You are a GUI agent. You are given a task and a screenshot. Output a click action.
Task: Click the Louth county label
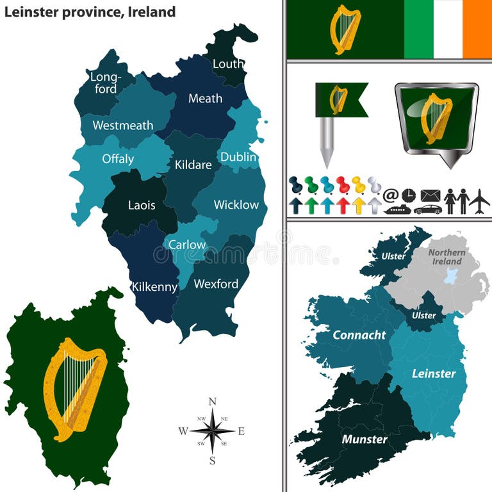[228, 64]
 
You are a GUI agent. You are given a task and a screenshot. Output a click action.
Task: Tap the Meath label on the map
[205, 99]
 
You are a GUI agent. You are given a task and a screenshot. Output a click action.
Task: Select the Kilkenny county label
[154, 287]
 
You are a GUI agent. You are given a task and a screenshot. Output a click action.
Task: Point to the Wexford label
[216, 284]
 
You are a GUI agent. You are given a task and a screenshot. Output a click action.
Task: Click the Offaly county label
[118, 159]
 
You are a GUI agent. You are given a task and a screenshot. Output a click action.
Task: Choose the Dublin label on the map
[238, 157]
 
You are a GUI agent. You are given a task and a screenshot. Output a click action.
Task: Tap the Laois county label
[142, 206]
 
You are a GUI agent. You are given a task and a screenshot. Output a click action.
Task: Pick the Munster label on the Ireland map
[365, 439]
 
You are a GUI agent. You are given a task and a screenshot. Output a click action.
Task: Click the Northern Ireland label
[446, 257]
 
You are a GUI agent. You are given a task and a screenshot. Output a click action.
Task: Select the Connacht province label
[359, 335]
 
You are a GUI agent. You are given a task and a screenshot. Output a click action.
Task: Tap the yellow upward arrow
[359, 205]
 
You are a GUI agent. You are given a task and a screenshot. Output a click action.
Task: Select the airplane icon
[479, 201]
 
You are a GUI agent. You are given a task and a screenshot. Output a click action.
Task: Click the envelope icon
[430, 195]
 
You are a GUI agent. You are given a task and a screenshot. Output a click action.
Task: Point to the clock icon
[409, 195]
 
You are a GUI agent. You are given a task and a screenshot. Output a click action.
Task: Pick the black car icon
[427, 209]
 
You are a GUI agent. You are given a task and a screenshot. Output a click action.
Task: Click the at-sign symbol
[391, 195]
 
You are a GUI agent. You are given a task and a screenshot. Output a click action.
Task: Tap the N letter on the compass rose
[213, 402]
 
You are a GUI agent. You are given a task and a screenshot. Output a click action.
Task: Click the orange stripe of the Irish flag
[477, 29]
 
